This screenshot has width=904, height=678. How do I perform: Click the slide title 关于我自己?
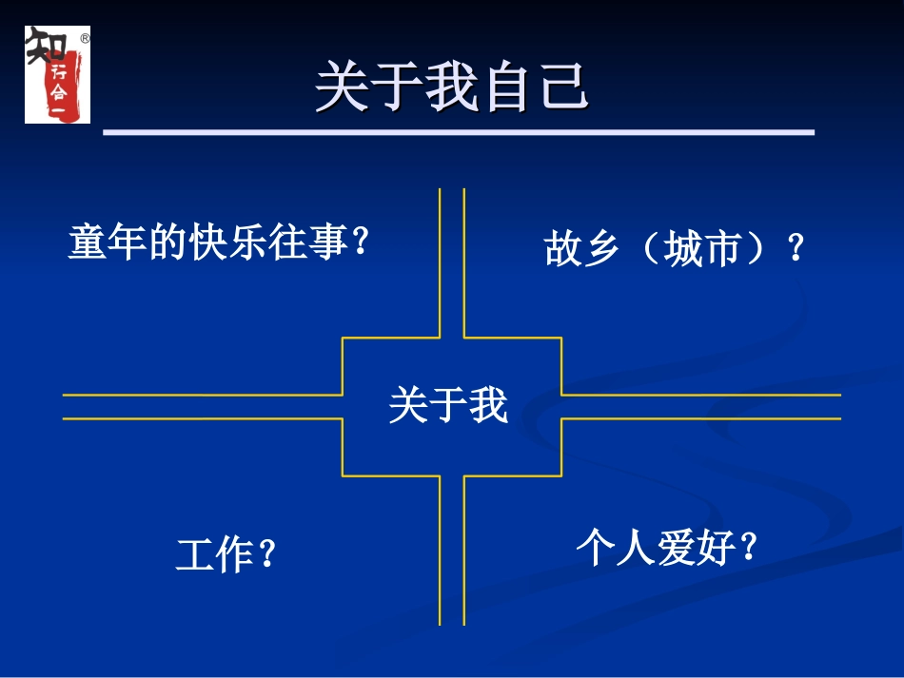coord(453,88)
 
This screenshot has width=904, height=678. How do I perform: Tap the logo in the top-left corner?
coord(57,74)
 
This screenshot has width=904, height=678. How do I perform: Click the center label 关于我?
coord(448,406)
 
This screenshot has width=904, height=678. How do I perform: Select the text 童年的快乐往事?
coord(218,242)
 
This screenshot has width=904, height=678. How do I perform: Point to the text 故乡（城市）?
coord(675,250)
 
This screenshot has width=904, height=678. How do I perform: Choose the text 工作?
coord(226,554)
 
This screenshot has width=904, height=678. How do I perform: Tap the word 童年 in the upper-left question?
coord(102,242)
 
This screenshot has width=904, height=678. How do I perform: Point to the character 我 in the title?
coord(453,88)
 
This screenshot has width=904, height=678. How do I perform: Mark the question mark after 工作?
coord(267,554)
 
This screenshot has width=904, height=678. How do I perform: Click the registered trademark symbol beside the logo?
coord(85,39)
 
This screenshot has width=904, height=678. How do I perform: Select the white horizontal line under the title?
coord(458,133)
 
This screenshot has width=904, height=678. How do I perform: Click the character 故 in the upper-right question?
coord(561,250)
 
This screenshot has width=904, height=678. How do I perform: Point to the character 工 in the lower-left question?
coord(192,554)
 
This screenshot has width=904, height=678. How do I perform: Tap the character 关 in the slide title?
coord(342,88)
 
